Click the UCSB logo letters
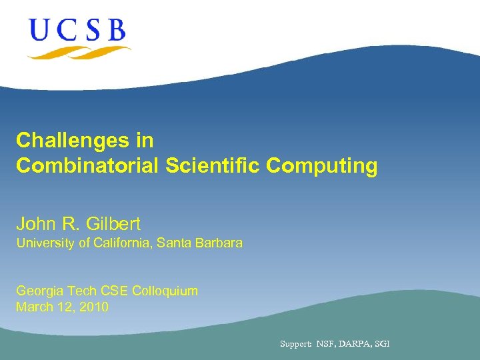point(77,30)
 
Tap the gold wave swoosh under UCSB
point(79,51)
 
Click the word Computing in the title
point(322,166)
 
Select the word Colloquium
point(165,291)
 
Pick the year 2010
point(93,307)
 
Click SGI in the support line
point(383,344)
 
